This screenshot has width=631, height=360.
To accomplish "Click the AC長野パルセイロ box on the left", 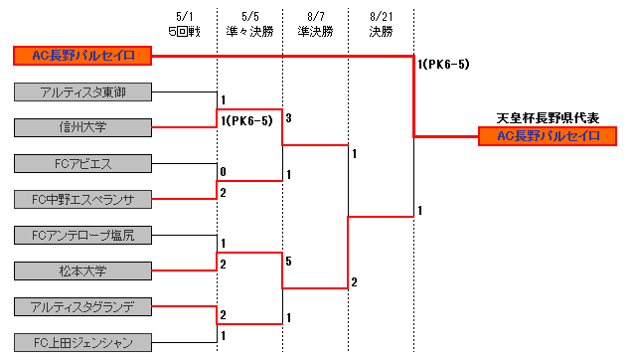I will (83, 55).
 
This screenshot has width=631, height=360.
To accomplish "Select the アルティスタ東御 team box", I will (83, 92).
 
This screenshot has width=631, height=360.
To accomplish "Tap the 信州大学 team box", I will (83, 126).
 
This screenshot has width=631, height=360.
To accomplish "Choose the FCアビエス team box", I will (83, 163).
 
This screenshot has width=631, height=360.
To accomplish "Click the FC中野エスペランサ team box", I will (83, 199).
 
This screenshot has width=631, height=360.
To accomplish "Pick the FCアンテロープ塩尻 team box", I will (83, 236).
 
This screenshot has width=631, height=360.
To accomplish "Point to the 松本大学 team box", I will (83, 270).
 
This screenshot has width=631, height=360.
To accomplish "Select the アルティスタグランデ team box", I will (83, 306).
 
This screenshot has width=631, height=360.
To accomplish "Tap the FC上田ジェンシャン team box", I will (83, 343).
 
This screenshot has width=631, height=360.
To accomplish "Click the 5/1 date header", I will (184, 17).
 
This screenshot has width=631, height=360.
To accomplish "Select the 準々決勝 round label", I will (248, 32).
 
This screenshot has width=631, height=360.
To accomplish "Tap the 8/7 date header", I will (315, 17).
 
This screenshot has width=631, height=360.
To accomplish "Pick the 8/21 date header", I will (381, 17).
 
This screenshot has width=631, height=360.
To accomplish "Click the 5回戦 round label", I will (184, 32).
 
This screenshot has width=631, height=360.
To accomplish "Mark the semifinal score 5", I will (288, 262).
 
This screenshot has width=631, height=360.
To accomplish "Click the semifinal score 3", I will (288, 118).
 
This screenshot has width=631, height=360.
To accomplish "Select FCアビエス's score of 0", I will (224, 172).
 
